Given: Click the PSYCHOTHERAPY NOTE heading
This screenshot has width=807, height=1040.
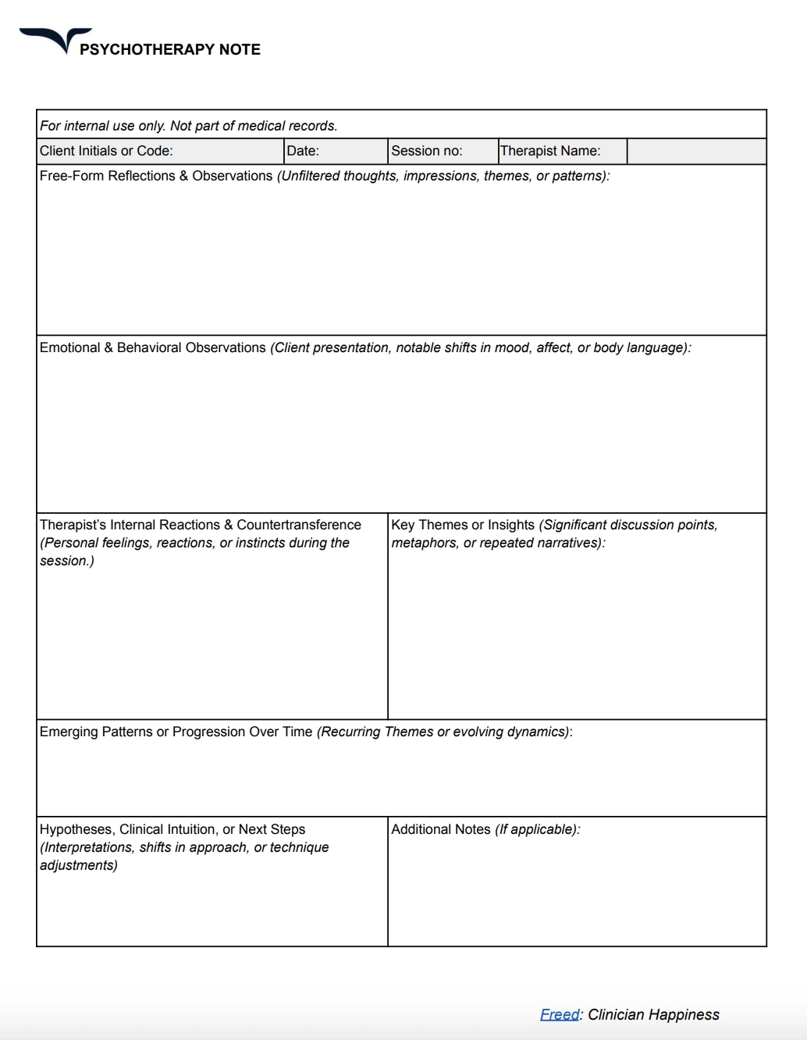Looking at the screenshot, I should (x=169, y=49).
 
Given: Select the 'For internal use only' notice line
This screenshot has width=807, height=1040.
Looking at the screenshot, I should (x=188, y=126).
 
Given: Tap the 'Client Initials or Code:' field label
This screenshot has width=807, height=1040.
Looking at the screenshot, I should (x=106, y=151).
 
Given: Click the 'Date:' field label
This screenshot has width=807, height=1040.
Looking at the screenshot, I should (x=303, y=151).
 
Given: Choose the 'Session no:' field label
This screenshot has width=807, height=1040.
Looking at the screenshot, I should (x=426, y=151).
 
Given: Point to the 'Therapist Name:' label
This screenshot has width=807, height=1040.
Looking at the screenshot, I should (x=550, y=151).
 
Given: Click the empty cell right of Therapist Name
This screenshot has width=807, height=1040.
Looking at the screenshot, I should (x=696, y=151).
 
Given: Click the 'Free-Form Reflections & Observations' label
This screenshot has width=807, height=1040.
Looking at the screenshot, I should (x=156, y=176).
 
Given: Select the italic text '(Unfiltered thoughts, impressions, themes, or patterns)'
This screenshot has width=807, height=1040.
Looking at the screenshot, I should (x=443, y=176).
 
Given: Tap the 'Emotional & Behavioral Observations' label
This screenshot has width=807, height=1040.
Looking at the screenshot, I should (x=153, y=347).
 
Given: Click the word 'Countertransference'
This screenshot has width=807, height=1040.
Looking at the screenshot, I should (x=299, y=525).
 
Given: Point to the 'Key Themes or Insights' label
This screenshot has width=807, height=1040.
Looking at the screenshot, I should (x=463, y=525).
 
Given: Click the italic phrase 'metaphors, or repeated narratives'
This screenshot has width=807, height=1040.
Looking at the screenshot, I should (x=496, y=543).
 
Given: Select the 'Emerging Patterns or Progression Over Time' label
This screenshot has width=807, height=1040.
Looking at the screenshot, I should (x=176, y=732).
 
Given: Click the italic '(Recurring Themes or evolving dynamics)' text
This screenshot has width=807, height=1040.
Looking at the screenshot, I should (x=443, y=732).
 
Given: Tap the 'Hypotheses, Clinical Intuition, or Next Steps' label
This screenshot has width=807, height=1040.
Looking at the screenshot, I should (x=172, y=829).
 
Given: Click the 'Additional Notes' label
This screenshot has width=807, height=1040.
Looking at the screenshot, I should (x=441, y=829).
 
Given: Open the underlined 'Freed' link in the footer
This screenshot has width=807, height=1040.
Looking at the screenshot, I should (x=560, y=1014).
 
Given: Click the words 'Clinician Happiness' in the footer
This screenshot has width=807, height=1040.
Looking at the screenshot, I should (x=653, y=1014).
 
